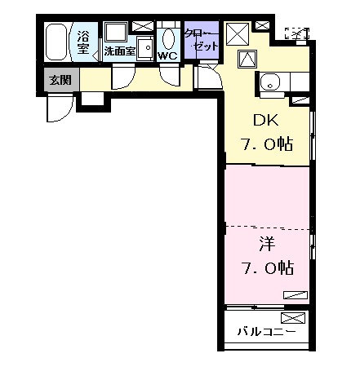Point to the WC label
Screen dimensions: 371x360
(x=167, y=55)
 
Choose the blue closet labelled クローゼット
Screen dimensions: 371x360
(x=200, y=41)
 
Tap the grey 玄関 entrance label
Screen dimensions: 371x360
(x=60, y=80)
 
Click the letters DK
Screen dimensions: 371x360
(x=266, y=121)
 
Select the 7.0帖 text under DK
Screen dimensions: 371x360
(x=267, y=145)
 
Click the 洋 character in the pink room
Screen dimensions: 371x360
(x=266, y=243)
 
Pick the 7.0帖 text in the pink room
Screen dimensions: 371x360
(x=267, y=267)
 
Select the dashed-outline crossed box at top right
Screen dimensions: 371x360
(x=298, y=33)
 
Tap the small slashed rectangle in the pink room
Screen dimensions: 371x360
(x=296, y=293)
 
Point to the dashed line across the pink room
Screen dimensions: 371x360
(x=269, y=226)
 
